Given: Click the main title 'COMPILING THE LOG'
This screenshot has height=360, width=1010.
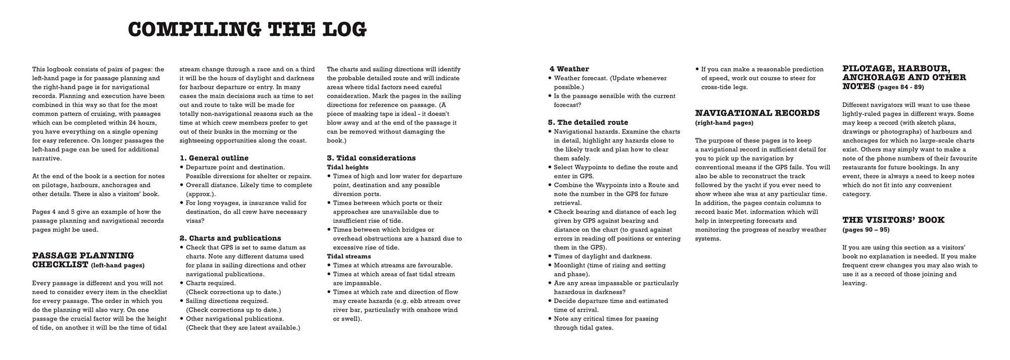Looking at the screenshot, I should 247,29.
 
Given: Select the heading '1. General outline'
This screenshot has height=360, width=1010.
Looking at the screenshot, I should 214,158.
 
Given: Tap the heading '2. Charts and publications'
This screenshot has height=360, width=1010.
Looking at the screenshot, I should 230,238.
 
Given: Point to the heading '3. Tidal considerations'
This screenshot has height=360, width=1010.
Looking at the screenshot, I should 371,158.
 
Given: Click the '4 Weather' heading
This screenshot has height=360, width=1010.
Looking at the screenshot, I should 569,69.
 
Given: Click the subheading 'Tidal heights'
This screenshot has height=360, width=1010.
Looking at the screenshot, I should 347,167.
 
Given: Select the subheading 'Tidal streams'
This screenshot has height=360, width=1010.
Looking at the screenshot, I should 348,256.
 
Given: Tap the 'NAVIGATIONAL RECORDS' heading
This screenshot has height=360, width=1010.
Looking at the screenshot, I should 757,113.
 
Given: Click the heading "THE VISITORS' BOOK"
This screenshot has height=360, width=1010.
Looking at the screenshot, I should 893,220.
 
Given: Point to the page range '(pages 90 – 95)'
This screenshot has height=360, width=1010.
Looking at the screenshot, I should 866,230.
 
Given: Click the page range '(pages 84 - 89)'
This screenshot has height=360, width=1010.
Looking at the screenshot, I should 901,87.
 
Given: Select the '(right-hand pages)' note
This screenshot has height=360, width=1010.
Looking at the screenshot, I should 724,123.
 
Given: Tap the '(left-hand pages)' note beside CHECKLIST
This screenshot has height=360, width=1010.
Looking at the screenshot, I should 118,266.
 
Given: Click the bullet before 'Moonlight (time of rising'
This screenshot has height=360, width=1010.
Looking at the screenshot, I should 550,266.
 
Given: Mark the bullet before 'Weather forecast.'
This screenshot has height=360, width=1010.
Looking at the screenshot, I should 550,78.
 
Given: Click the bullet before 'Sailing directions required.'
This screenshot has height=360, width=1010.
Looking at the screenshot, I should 182,301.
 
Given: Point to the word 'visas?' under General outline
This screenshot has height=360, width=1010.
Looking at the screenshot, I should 195,221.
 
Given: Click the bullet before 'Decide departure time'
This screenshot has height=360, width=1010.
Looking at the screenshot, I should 550,301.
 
